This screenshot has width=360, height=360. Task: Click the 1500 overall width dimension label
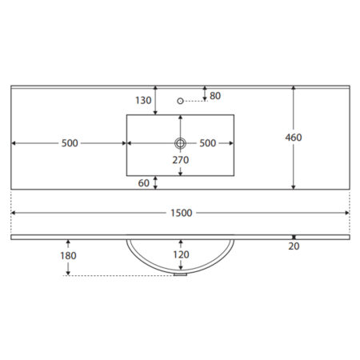pos(182,213)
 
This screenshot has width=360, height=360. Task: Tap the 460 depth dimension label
pos(294,138)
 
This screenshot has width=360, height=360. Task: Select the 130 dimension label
pos(143,100)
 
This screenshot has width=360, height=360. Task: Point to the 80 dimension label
pos(215,96)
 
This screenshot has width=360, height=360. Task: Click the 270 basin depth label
pos(181,160)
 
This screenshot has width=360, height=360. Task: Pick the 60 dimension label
pos(143,183)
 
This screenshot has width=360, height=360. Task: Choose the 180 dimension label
pos(68,256)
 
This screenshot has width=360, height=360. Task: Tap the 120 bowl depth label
pos(181,254)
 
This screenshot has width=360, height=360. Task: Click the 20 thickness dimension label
pos(294,246)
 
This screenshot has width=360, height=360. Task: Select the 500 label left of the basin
pos(70,143)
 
